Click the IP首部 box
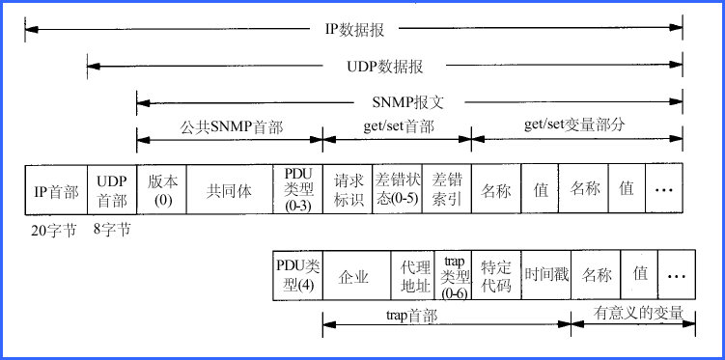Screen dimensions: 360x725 56,190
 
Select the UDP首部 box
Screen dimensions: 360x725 112,190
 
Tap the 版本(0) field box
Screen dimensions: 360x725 162,190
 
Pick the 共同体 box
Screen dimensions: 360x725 229,190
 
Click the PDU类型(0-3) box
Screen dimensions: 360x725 298,190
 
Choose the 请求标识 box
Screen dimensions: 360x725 348,190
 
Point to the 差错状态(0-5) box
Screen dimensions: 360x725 397,190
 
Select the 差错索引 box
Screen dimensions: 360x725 447,190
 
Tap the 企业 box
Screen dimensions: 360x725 354,275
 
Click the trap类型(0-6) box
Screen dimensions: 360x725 453,275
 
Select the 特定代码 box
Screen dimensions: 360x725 496,275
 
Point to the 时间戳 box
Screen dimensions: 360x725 546,275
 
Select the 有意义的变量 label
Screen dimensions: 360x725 638,313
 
